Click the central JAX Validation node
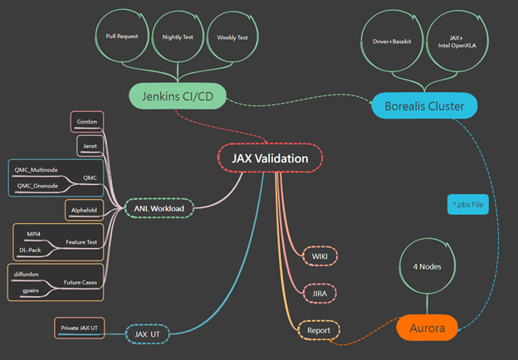[x=270, y=158]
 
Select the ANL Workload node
[x=160, y=208]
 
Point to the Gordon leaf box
[x=86, y=121]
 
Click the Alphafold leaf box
[x=83, y=210]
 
